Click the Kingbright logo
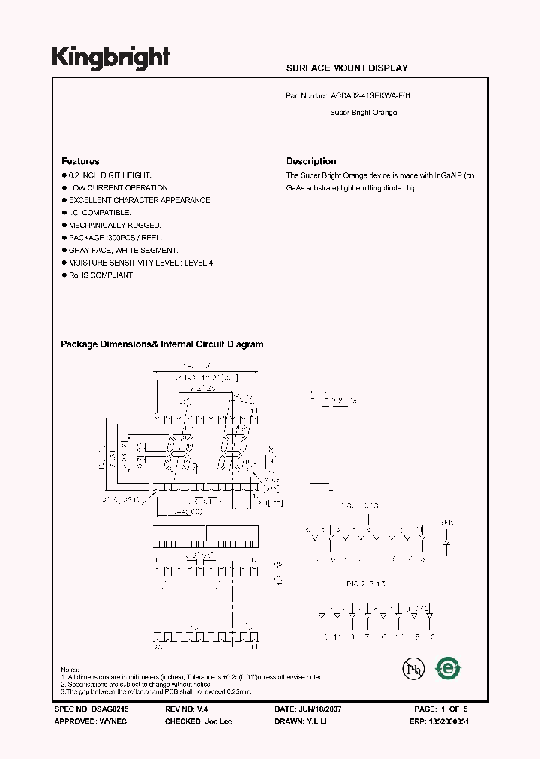pyautogui.click(x=110, y=57)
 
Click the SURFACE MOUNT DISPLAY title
pyautogui.click(x=346, y=68)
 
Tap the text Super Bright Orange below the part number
pyautogui.click(x=363, y=112)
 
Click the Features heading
pyautogui.click(x=80, y=161)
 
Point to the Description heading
pyautogui.click(x=311, y=161)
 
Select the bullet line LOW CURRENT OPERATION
pyautogui.click(x=119, y=188)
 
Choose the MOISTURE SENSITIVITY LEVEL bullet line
pyautogui.click(x=142, y=262)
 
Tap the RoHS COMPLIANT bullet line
pyautogui.click(x=101, y=275)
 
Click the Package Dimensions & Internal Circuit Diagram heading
pyautogui.click(x=162, y=344)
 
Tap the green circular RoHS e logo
pyautogui.click(x=448, y=667)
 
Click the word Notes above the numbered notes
pyautogui.click(x=70, y=670)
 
